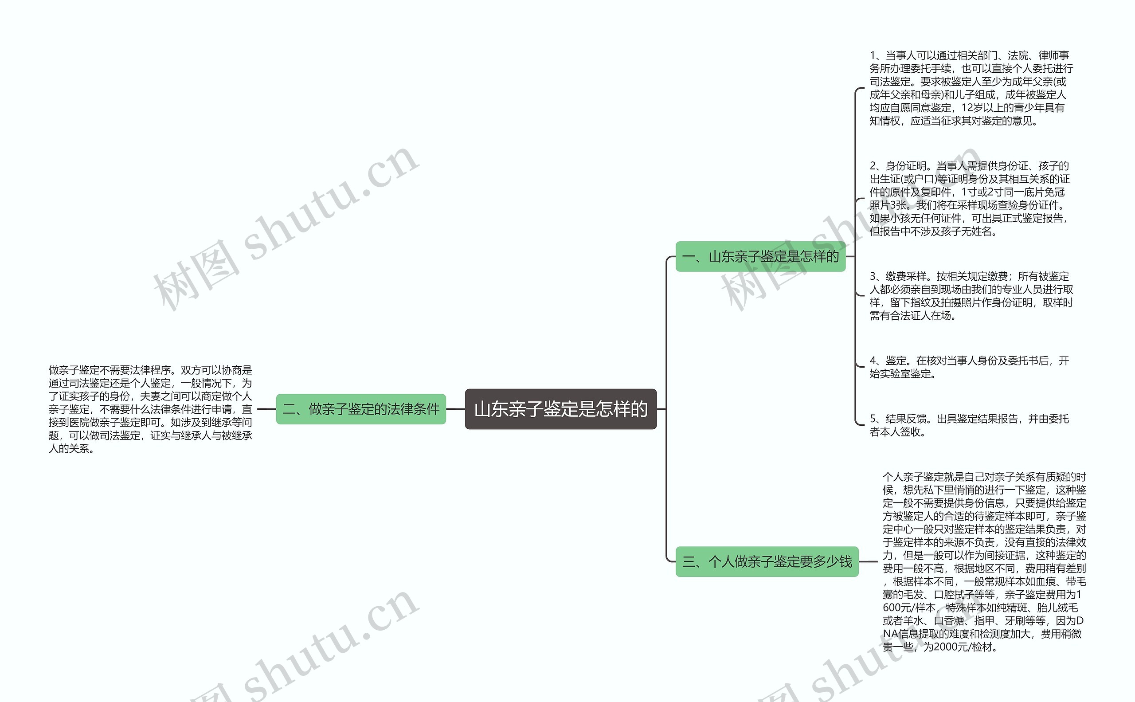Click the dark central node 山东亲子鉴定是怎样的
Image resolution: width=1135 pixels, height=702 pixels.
[560, 409]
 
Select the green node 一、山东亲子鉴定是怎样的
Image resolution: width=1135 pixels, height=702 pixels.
[760, 256]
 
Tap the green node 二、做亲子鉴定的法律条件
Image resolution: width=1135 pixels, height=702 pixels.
[361, 409]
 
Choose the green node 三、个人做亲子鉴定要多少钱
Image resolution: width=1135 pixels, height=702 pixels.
[767, 562]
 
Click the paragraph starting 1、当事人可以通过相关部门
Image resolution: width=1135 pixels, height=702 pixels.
[971, 88]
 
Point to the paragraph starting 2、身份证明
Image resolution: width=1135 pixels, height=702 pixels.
[969, 199]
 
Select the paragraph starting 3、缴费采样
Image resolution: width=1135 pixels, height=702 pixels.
[971, 296]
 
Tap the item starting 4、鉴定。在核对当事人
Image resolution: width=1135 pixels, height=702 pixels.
[969, 367]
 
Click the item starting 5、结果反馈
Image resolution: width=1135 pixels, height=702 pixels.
[969, 425]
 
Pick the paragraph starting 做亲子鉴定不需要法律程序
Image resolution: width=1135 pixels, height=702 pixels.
[150, 409]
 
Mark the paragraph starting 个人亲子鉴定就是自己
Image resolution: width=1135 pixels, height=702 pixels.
[984, 561]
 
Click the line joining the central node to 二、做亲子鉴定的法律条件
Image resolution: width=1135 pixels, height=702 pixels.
[455, 409]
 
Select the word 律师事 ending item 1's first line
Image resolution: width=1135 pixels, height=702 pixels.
[1054, 56]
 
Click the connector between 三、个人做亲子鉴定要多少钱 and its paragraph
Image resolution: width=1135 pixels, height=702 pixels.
[868, 562]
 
